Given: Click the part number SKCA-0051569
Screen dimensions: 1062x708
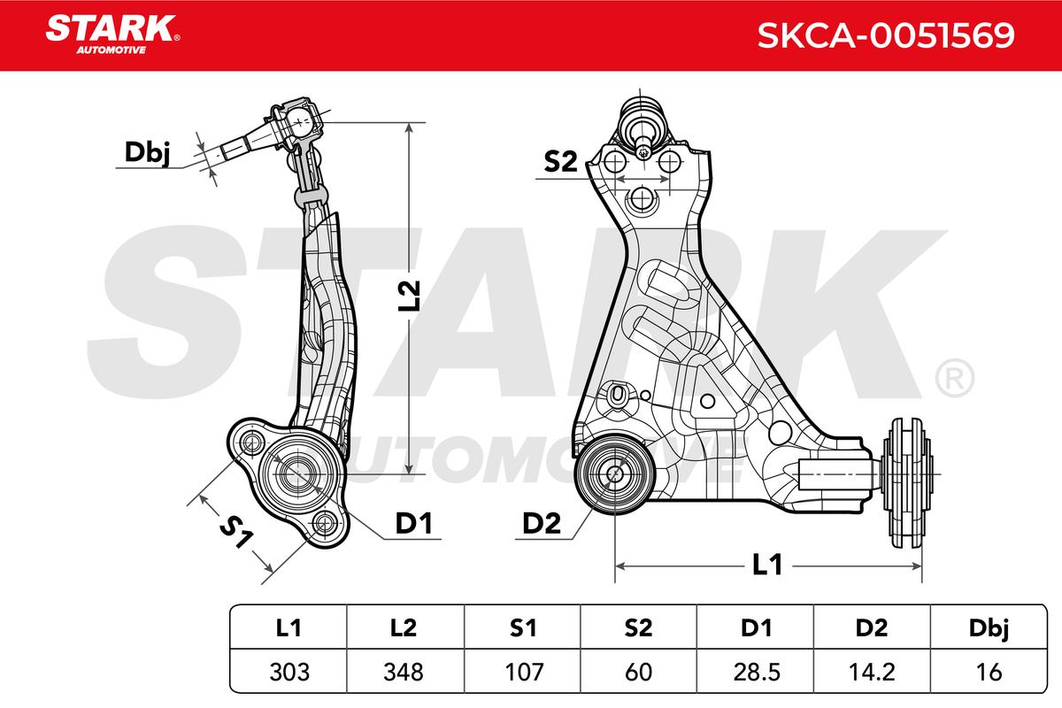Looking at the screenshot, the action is coord(886,35).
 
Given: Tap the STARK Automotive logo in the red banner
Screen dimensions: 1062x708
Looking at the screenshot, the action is coord(112,35).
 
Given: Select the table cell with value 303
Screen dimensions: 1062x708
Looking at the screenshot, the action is coord(289,672).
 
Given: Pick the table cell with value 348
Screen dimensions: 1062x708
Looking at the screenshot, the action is coord(404,672).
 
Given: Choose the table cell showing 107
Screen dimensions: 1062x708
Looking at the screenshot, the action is coord(523,672).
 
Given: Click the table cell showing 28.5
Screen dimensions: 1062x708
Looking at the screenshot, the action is coord(756,672).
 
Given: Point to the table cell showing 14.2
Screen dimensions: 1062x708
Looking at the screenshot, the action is coord(873,672).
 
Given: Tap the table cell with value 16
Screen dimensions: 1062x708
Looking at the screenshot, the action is coord(989,672).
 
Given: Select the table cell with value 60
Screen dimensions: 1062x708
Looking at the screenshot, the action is coord(639,672).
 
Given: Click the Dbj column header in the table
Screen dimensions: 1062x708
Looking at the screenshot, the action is coord(989,627).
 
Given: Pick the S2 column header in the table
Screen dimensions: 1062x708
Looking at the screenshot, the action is coord(639,627).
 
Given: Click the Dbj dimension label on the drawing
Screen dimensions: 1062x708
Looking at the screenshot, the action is coord(147,153).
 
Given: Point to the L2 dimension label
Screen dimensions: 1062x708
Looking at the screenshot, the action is coord(409,296).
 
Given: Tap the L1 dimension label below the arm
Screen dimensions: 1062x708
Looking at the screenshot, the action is coord(767,565).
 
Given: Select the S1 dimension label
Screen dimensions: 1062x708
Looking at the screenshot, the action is coord(236,532).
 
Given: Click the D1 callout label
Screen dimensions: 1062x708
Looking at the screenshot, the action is coord(414,524).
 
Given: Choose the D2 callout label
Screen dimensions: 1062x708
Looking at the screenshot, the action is coord(542,524).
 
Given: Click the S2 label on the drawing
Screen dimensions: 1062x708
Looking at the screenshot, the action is coord(560,162).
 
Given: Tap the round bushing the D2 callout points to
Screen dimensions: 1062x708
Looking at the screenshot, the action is coord(614,473).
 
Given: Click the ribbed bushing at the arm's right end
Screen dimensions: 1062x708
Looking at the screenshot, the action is coord(907,483).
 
